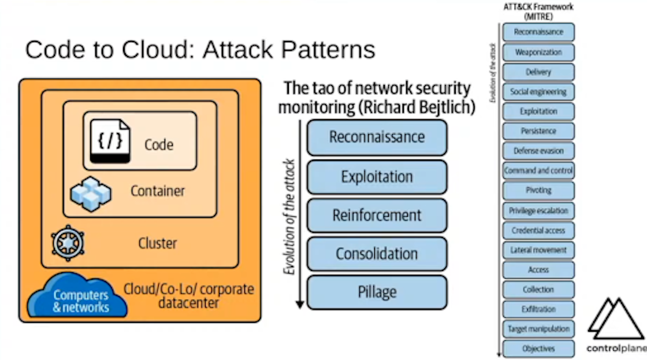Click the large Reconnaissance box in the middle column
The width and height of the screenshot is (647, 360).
(377, 138)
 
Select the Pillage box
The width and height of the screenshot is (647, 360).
(377, 292)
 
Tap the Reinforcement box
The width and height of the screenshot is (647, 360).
(377, 216)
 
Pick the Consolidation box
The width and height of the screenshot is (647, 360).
(377, 254)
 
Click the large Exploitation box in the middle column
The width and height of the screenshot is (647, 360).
(377, 176)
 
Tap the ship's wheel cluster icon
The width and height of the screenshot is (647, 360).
(68, 243)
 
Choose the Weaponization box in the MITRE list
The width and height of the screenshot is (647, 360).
(538, 52)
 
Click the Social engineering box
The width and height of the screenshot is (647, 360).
(538, 91)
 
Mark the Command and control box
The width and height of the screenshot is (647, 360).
(538, 170)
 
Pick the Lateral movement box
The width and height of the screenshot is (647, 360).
(538, 250)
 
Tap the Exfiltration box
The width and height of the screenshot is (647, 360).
(538, 309)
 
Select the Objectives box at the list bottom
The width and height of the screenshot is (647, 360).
(538, 348)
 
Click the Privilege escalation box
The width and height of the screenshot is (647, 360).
(538, 210)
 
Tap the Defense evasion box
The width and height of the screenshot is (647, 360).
(538, 151)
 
